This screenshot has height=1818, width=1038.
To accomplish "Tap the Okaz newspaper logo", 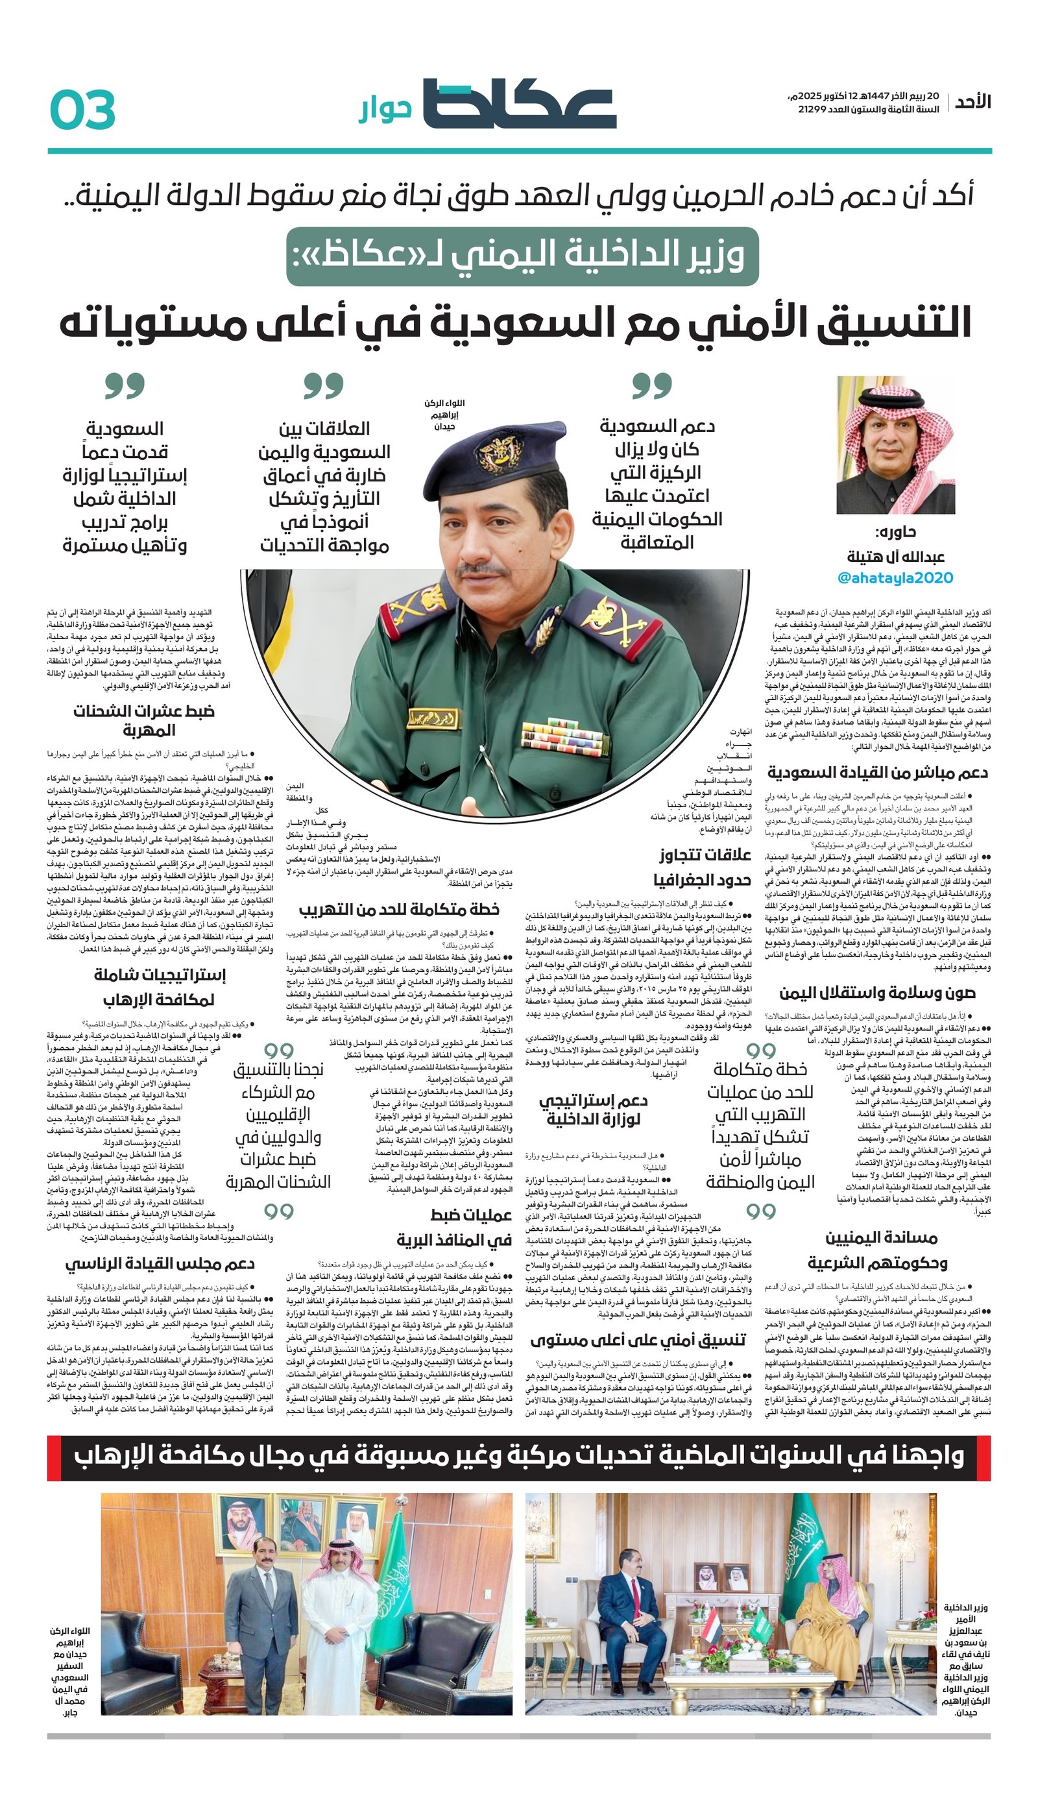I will [519, 104].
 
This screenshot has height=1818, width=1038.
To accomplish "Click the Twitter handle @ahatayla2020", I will [895, 577].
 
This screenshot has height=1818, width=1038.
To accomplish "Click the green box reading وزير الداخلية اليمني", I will [522, 257].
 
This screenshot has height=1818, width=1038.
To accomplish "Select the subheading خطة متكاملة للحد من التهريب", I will [398, 910].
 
